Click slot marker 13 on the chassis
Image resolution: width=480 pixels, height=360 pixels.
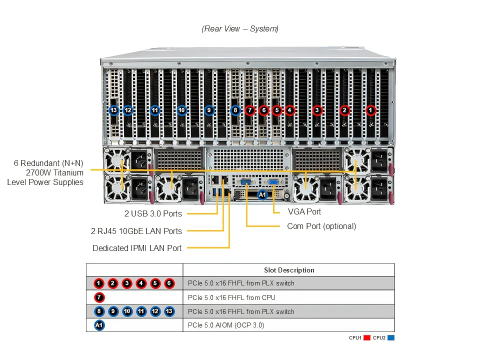point(114,110)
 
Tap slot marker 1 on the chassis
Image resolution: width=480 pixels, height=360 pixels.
point(370,110)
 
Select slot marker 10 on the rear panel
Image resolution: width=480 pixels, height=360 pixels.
point(181,110)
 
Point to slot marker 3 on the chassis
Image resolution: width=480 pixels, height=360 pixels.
point(316,110)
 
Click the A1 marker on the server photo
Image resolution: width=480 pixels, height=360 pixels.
point(262,195)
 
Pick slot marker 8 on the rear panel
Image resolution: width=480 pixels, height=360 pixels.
point(235,110)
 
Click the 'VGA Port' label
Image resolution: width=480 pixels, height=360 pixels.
point(304,212)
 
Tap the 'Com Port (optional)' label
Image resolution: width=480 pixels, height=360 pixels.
point(321,226)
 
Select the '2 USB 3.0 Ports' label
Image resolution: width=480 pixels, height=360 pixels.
point(153,214)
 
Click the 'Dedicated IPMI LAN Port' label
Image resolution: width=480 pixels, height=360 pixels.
point(137,248)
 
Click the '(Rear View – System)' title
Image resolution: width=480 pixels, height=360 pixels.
point(240,28)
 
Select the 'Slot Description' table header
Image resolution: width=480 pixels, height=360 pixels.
point(289,270)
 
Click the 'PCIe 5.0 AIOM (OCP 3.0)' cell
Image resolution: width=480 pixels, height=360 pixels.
point(226,325)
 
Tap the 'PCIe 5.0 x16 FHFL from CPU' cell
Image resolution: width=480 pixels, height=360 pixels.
point(231,297)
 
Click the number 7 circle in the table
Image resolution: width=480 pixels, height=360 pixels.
point(99,297)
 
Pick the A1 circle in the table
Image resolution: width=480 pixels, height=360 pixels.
point(99,325)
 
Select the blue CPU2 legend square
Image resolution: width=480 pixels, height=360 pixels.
point(391,338)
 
